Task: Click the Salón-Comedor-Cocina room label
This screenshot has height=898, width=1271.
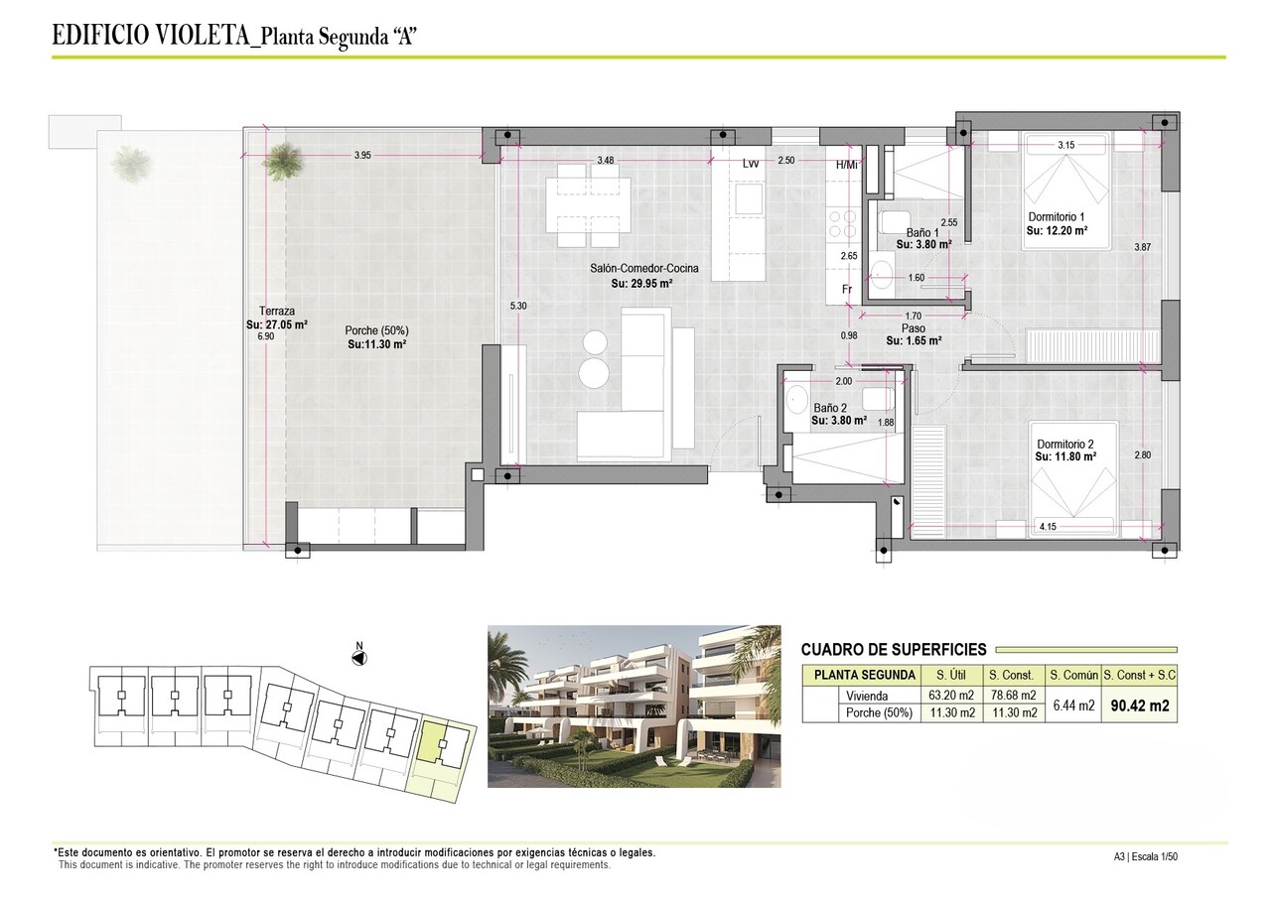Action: pyautogui.click(x=641, y=269)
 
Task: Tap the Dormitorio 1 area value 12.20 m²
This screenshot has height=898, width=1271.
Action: pyautogui.click(x=1057, y=230)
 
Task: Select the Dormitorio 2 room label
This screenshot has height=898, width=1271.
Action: pyautogui.click(x=1064, y=444)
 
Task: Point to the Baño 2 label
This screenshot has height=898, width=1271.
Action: pyautogui.click(x=830, y=408)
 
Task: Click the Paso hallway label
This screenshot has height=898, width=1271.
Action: pyautogui.click(x=914, y=328)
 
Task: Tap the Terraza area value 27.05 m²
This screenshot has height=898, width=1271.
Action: pyautogui.click(x=277, y=323)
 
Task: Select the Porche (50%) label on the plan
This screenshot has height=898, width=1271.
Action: pyautogui.click(x=376, y=330)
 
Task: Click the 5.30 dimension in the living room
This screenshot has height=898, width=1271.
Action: pyautogui.click(x=517, y=307)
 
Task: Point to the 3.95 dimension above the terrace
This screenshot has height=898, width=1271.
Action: pyautogui.click(x=362, y=156)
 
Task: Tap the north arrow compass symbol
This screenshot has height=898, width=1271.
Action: pyautogui.click(x=359, y=656)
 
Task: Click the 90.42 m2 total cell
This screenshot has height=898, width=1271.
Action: pyautogui.click(x=1139, y=706)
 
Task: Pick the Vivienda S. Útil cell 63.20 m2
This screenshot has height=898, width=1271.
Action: pyautogui.click(x=948, y=696)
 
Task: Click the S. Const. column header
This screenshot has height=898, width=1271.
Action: pyautogui.click(x=1014, y=676)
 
